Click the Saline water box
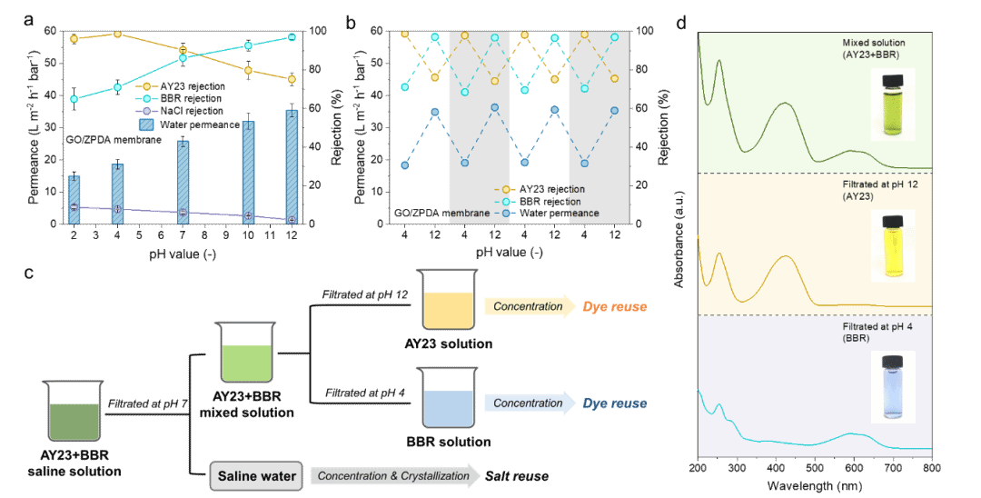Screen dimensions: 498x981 257,476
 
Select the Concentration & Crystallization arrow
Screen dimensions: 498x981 393,475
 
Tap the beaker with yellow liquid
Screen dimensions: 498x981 448,299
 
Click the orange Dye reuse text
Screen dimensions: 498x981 615,307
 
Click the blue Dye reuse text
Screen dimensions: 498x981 615,403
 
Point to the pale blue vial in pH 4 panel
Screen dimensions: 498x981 892,386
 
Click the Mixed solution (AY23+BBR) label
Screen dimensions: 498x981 873,49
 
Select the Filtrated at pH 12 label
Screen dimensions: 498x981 873,189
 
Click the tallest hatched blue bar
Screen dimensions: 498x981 292,166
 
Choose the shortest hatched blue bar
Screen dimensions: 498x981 74,199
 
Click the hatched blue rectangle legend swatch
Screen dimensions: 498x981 146,124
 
